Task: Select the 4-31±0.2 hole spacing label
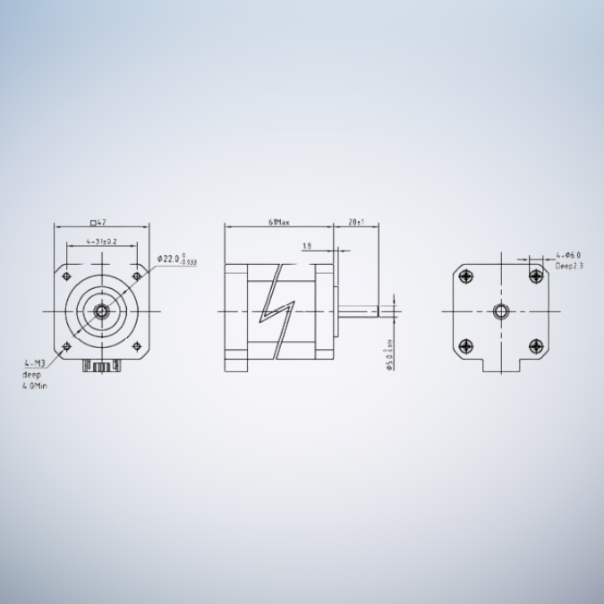click(101, 242)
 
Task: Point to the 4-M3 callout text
click(34, 363)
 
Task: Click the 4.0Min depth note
click(35, 387)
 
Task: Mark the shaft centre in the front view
click(101, 311)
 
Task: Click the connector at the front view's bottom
click(101, 365)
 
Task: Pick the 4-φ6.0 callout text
click(568, 255)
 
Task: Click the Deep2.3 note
click(569, 266)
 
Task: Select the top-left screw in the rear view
click(465, 276)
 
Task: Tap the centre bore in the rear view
click(500, 311)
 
